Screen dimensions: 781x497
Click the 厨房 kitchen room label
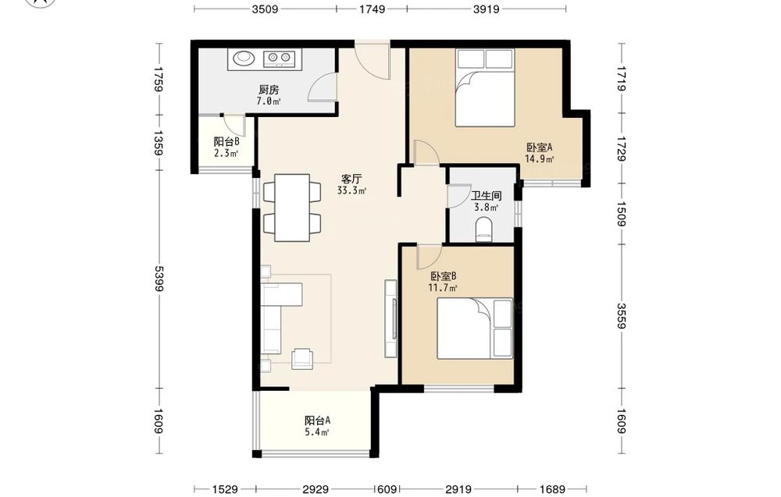[269, 90]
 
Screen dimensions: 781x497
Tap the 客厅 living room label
[351, 179]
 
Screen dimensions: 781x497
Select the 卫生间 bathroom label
[486, 196]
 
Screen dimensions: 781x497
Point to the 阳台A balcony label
[317, 421]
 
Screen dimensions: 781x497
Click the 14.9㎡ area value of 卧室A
[540, 159]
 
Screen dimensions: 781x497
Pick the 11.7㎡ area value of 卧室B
[444, 288]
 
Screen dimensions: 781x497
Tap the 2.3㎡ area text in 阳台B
[226, 153]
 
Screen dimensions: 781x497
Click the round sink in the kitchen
[244, 58]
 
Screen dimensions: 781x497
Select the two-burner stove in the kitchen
[279, 59]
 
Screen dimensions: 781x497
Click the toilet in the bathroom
[483, 230]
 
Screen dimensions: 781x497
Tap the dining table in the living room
[292, 208]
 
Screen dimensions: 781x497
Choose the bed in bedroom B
[475, 328]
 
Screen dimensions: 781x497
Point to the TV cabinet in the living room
[391, 318]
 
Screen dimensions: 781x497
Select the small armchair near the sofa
[302, 358]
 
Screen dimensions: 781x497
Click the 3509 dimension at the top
[265, 9]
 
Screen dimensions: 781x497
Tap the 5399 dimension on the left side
[159, 279]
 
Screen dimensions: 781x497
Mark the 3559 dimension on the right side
[622, 316]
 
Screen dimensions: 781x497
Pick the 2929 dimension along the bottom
[316, 489]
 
